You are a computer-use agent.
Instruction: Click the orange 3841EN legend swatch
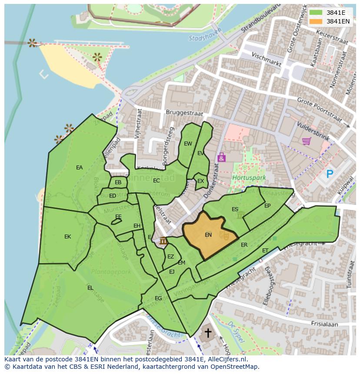[x=316, y=21]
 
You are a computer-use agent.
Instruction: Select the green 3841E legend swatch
[x=316, y=13]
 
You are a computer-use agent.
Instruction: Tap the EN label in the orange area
[x=208, y=235]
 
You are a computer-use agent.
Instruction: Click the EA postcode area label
[x=79, y=168]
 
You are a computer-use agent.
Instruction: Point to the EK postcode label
[x=67, y=237]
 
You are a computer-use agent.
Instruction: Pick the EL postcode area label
[x=90, y=288]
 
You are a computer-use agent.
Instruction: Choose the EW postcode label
[x=188, y=144]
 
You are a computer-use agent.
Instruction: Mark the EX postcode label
[x=200, y=181]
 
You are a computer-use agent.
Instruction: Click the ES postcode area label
[x=235, y=209]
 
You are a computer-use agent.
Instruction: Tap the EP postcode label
[x=267, y=206]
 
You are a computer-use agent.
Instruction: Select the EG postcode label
[x=158, y=298]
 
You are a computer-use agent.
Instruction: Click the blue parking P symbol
[x=330, y=174]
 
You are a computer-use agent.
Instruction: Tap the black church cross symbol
[x=208, y=333]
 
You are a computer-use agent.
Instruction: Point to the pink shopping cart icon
[x=306, y=141]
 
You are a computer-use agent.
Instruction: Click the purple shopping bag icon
[x=221, y=157]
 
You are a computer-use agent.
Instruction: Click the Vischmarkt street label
[x=267, y=59]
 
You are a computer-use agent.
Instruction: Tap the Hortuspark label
[x=243, y=178]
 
